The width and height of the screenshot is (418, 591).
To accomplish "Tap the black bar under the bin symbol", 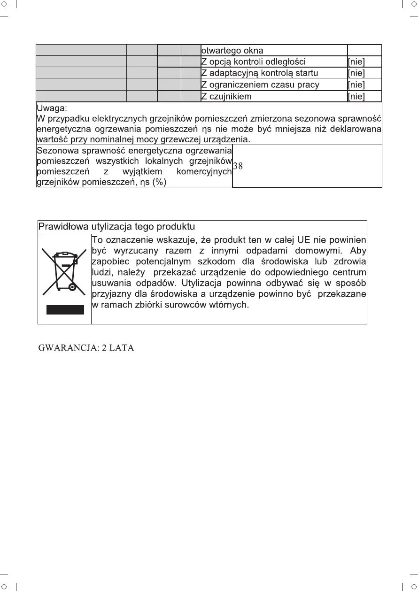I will click(x=65, y=310).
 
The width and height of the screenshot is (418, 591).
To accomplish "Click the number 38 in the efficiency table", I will click(x=238, y=166).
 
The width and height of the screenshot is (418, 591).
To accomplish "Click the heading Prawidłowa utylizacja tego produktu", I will click(x=116, y=227).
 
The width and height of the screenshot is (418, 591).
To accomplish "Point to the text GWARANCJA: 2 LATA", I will click(x=86, y=348).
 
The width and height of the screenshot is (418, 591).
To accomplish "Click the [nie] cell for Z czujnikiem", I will click(x=356, y=97).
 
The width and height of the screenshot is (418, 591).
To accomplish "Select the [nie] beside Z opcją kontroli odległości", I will click(x=356, y=62).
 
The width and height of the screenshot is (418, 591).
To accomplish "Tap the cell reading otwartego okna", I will click(x=232, y=51).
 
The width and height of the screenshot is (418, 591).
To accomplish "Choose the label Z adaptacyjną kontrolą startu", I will click(x=259, y=73).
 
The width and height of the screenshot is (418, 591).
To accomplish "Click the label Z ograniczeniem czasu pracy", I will click(x=260, y=85).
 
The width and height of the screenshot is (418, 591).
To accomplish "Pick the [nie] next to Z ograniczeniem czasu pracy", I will click(x=356, y=85).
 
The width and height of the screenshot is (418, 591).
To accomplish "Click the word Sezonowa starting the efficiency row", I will click(x=57, y=151).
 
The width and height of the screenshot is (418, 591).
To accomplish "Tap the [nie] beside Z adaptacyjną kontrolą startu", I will click(x=356, y=73).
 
